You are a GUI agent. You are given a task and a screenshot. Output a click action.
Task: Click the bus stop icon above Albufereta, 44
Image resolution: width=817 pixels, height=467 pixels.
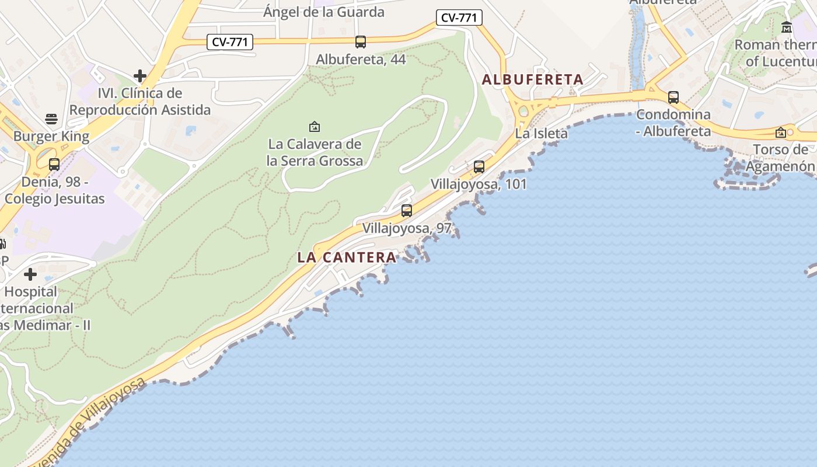pyautogui.click(x=361, y=42)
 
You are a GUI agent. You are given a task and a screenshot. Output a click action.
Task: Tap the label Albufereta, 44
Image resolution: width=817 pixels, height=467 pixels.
pyautogui.click(x=361, y=60)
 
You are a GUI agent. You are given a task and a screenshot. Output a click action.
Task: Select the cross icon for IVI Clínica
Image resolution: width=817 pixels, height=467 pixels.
pyautogui.click(x=140, y=76)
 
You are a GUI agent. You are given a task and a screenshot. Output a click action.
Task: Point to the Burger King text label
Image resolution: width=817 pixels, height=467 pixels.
pyautogui.click(x=51, y=137)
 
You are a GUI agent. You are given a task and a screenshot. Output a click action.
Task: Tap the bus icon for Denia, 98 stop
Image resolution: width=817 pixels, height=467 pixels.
pyautogui.click(x=54, y=165)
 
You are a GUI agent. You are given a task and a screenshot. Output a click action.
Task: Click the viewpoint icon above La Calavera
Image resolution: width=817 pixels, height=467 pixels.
pyautogui.click(x=315, y=126)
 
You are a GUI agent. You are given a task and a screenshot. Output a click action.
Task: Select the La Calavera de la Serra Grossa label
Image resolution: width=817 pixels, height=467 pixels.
pyautogui.click(x=315, y=152)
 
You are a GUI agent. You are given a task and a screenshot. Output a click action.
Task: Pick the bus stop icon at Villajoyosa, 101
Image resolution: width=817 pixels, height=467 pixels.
pyautogui.click(x=479, y=167)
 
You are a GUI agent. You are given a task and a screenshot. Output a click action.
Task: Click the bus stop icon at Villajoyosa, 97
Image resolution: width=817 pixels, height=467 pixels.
pyautogui.click(x=407, y=211)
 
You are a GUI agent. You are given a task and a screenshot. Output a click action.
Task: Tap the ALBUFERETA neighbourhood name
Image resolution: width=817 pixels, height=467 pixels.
pyautogui.click(x=532, y=80)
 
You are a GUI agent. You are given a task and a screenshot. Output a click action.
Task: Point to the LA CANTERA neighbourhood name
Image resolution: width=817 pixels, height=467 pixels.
pyautogui.click(x=347, y=257)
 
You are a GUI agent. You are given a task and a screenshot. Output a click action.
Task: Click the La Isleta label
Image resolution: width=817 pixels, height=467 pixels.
pyautogui.click(x=541, y=134)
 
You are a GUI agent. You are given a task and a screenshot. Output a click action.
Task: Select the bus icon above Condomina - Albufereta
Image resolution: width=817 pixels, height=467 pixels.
pyautogui.click(x=673, y=97)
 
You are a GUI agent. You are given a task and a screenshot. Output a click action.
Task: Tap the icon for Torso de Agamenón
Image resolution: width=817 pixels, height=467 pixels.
pyautogui.click(x=781, y=133)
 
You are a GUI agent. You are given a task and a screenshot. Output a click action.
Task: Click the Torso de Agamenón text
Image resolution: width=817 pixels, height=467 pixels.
pyautogui.click(x=780, y=158)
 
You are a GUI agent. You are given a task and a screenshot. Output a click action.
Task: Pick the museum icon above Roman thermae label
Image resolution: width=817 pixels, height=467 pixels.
pyautogui.click(x=787, y=27)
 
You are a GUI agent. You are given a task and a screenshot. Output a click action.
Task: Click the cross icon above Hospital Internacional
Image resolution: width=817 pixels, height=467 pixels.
pyautogui.click(x=30, y=274)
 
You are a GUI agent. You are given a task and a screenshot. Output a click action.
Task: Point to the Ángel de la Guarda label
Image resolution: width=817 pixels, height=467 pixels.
pyautogui.click(x=324, y=12)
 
